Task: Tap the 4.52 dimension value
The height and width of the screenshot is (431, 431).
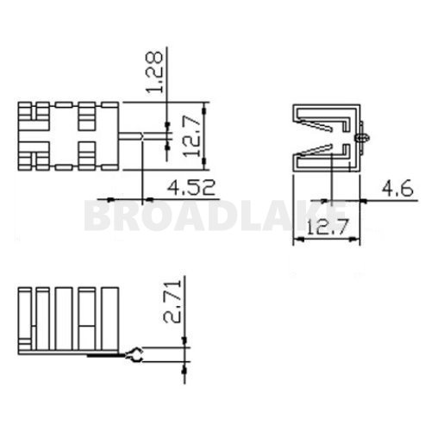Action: [x=189, y=186]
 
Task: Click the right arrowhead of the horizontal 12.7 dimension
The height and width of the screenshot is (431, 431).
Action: [x=353, y=240]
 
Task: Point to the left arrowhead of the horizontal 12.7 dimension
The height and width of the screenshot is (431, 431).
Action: [x=297, y=240]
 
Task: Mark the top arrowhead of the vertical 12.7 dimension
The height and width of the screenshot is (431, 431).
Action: [x=203, y=107]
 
